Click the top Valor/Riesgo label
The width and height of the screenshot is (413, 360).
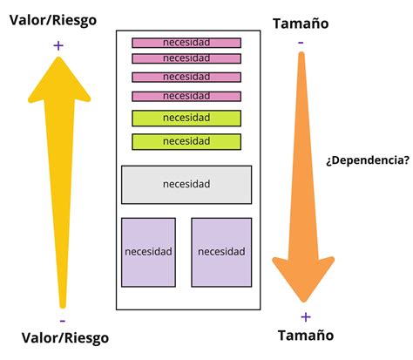pos(53,19)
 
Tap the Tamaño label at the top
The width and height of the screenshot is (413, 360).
pos(301,24)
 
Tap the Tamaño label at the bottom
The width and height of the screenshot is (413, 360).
pos(305,336)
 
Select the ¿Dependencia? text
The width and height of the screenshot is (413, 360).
pos(367,160)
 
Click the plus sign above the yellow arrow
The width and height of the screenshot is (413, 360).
pos(58,45)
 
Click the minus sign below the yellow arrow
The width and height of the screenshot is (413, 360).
pos(62,320)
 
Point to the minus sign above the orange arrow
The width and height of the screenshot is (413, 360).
pos(301,42)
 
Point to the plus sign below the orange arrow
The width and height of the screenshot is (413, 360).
pos(305,316)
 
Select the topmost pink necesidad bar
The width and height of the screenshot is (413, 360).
pos(186,43)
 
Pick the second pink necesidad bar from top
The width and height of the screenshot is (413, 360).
pos(186,58)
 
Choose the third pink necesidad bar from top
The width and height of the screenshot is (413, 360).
pos(186,77)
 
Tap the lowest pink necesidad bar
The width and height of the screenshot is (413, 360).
pos(186,96)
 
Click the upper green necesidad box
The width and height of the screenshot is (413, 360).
pos(186,119)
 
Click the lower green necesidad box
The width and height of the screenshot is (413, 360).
pos(186,141)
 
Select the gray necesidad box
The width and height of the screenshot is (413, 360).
pos(186,185)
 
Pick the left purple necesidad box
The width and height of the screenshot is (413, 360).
pos(148,252)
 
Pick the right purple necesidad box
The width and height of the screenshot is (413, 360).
pos(221,252)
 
